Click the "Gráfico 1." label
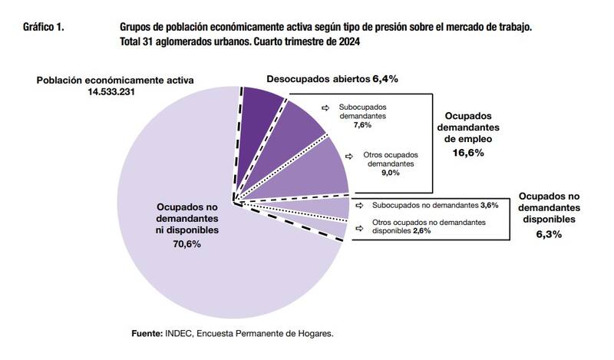click(x=44, y=27)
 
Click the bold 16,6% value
click(x=467, y=154)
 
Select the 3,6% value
click(x=489, y=205)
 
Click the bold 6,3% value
click(x=548, y=233)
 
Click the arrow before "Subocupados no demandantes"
click(x=361, y=206)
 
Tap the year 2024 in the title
click(x=348, y=41)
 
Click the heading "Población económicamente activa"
click(x=115, y=79)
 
